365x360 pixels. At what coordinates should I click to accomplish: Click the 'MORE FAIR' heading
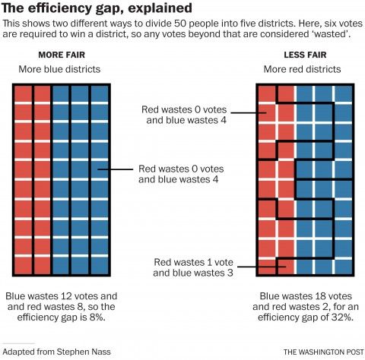click(62, 55)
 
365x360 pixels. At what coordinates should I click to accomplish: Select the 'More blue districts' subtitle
click(62, 70)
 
